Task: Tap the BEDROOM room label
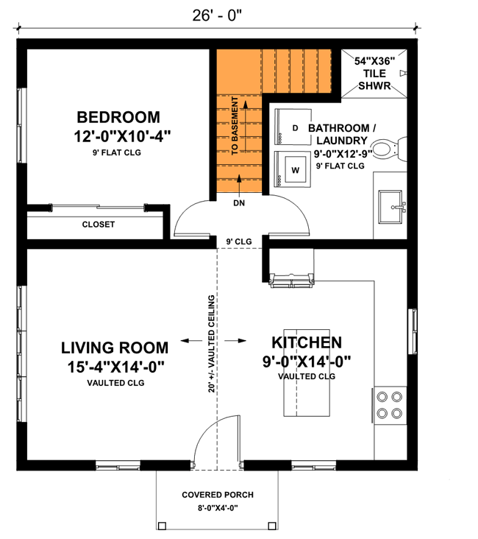click(118, 116)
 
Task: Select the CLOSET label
click(98, 225)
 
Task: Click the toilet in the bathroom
click(385, 150)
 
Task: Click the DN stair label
click(239, 202)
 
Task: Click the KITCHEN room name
click(307, 342)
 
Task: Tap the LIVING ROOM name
click(115, 348)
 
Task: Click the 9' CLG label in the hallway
click(239, 241)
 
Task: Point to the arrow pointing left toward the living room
click(189, 340)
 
